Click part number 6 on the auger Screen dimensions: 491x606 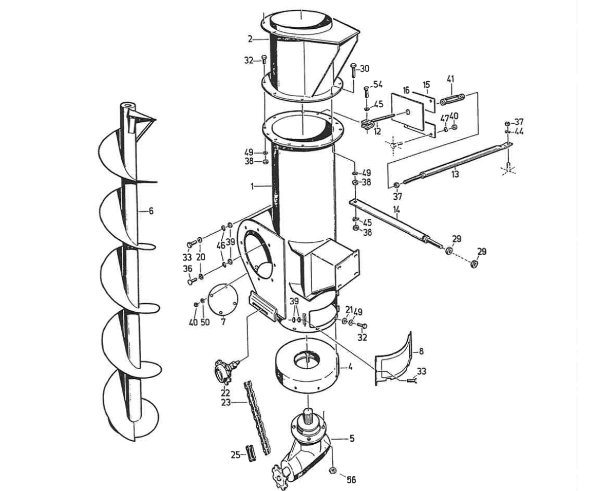coord(151,211)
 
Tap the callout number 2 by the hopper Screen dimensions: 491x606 coord(250,39)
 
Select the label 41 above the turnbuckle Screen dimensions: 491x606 coord(450,79)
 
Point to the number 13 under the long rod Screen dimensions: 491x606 coord(455,175)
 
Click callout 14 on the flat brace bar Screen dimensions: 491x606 coord(396,210)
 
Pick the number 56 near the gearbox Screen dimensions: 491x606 coord(351,480)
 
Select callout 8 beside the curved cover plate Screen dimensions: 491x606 coord(421,351)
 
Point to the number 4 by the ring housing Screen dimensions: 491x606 coord(350,367)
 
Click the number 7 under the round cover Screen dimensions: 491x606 coord(223,322)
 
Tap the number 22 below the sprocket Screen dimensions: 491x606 coord(224,393)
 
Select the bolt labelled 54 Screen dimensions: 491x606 coord(365,92)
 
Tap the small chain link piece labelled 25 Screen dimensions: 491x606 coord(251,454)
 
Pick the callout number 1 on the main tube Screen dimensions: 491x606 coord(253,187)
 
